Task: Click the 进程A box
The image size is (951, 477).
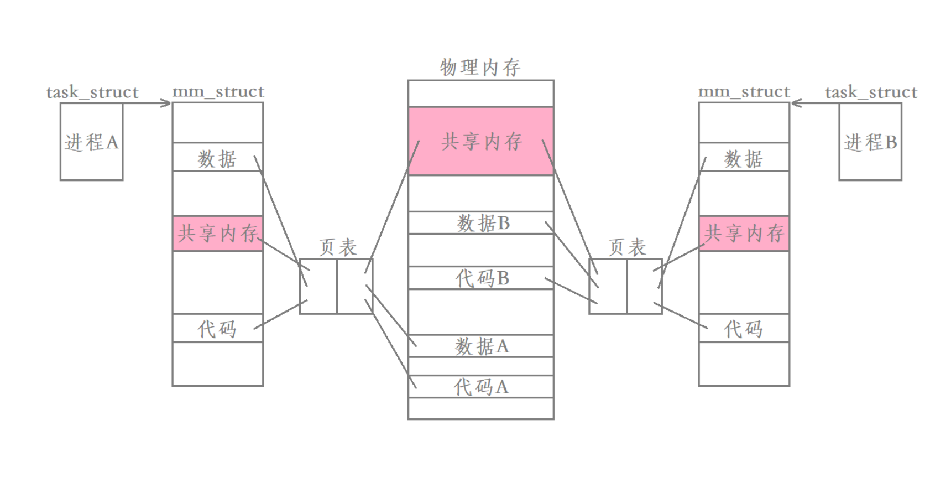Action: pos(91,142)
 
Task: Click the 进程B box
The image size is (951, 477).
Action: pos(870,142)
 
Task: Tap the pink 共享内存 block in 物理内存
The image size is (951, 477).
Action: pos(480,141)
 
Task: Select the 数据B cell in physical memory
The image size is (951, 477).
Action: pos(480,222)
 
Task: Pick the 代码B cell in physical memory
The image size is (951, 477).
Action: pos(480,278)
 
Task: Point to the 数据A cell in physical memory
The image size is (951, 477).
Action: pos(480,346)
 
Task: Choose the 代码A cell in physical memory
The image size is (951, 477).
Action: pos(480,386)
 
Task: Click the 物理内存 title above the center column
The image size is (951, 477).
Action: pos(480,68)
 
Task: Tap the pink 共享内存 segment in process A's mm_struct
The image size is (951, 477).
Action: pos(217,233)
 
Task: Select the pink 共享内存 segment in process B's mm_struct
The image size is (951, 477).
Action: pos(744,233)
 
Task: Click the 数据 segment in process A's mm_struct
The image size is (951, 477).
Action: pos(217,158)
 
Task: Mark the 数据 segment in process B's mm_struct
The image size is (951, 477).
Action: pos(744,158)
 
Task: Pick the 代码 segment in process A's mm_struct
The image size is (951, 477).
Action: pos(217,329)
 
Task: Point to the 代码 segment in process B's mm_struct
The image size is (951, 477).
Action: pos(744,329)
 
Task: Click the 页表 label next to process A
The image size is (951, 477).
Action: pos(337,247)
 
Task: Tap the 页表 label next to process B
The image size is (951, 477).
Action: pos(626,247)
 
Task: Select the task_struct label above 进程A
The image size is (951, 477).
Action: pos(92,92)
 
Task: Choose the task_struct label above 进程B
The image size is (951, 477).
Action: pos(871,92)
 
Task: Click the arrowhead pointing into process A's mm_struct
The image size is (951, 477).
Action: pos(166,103)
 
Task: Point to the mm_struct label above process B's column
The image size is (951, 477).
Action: pos(744,91)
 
